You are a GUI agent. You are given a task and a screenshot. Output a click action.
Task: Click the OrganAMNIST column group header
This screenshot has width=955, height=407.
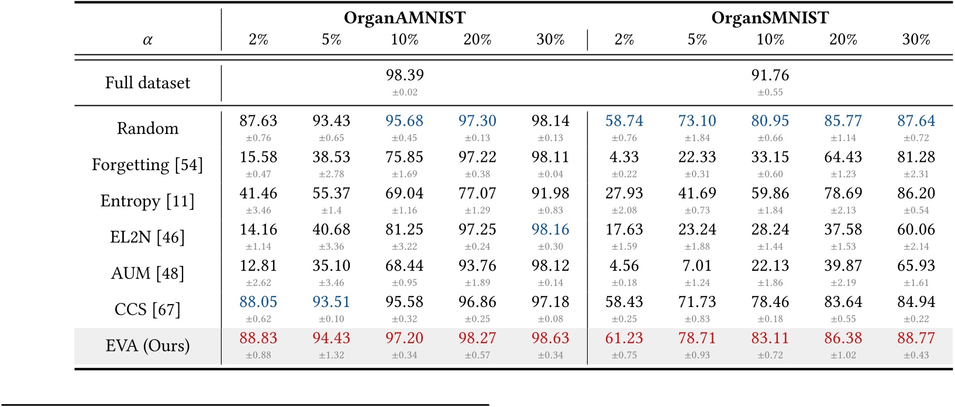(x=404, y=18)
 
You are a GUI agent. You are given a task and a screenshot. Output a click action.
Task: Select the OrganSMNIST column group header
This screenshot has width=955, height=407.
(x=770, y=18)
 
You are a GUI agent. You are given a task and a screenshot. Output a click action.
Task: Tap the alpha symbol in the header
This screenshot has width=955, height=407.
(x=147, y=40)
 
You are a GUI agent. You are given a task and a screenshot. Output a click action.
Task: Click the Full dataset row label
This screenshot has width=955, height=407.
(x=147, y=82)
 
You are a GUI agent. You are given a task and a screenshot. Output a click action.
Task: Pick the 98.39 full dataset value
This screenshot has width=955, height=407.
(x=404, y=75)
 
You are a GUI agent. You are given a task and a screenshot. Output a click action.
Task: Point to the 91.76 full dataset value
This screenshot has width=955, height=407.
(x=770, y=75)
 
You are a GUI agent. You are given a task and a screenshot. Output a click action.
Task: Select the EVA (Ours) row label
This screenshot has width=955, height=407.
(x=147, y=346)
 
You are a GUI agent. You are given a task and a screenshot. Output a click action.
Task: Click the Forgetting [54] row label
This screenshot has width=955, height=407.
(x=147, y=165)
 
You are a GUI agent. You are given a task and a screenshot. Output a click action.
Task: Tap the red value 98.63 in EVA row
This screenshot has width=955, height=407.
(x=550, y=339)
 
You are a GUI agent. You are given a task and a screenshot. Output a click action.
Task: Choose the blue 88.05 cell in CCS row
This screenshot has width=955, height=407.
(x=258, y=302)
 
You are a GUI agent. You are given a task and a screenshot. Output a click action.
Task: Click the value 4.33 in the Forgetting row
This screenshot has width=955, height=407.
(x=624, y=157)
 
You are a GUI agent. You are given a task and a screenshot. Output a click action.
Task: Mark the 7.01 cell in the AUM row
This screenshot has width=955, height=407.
(x=697, y=266)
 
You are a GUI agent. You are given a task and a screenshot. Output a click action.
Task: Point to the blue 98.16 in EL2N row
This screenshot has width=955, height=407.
(x=550, y=230)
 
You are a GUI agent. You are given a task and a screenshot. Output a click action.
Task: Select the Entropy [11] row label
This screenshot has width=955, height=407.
(x=147, y=201)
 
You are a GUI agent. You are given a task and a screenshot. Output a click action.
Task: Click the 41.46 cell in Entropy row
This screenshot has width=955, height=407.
(x=258, y=194)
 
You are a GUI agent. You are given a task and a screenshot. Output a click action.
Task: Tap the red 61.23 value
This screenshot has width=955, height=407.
(x=624, y=339)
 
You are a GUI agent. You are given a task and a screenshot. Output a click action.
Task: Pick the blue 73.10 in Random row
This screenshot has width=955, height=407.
(x=697, y=121)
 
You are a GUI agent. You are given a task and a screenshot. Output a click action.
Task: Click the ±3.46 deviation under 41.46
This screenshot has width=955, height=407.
(x=258, y=211)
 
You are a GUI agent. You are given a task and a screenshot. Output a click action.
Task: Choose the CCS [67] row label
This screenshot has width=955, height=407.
(x=147, y=309)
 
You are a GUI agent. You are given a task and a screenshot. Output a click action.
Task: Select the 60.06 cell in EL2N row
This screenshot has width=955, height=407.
(x=916, y=230)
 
